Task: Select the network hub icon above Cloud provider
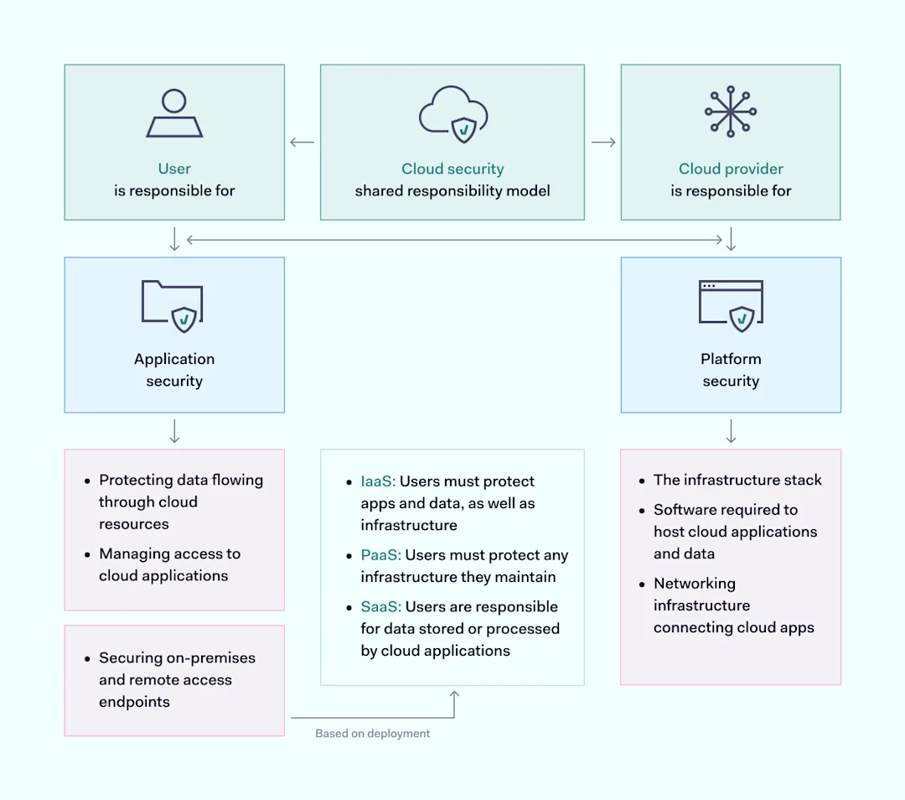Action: click(x=731, y=111)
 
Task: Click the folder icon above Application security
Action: click(x=173, y=306)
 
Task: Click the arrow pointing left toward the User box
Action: click(x=302, y=143)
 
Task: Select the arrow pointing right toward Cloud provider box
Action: click(x=603, y=143)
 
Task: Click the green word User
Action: click(x=174, y=169)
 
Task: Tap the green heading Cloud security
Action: click(x=452, y=169)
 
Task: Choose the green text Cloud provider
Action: click(x=731, y=169)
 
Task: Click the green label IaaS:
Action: click(x=378, y=481)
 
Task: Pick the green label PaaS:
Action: click(x=380, y=555)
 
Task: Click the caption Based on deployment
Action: click(x=372, y=734)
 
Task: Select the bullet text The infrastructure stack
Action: click(x=737, y=481)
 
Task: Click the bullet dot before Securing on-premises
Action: click(x=87, y=659)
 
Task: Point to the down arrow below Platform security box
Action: click(x=731, y=431)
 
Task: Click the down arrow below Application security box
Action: click(x=174, y=431)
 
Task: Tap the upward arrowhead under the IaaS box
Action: click(x=454, y=696)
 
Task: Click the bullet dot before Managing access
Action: click(x=87, y=555)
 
